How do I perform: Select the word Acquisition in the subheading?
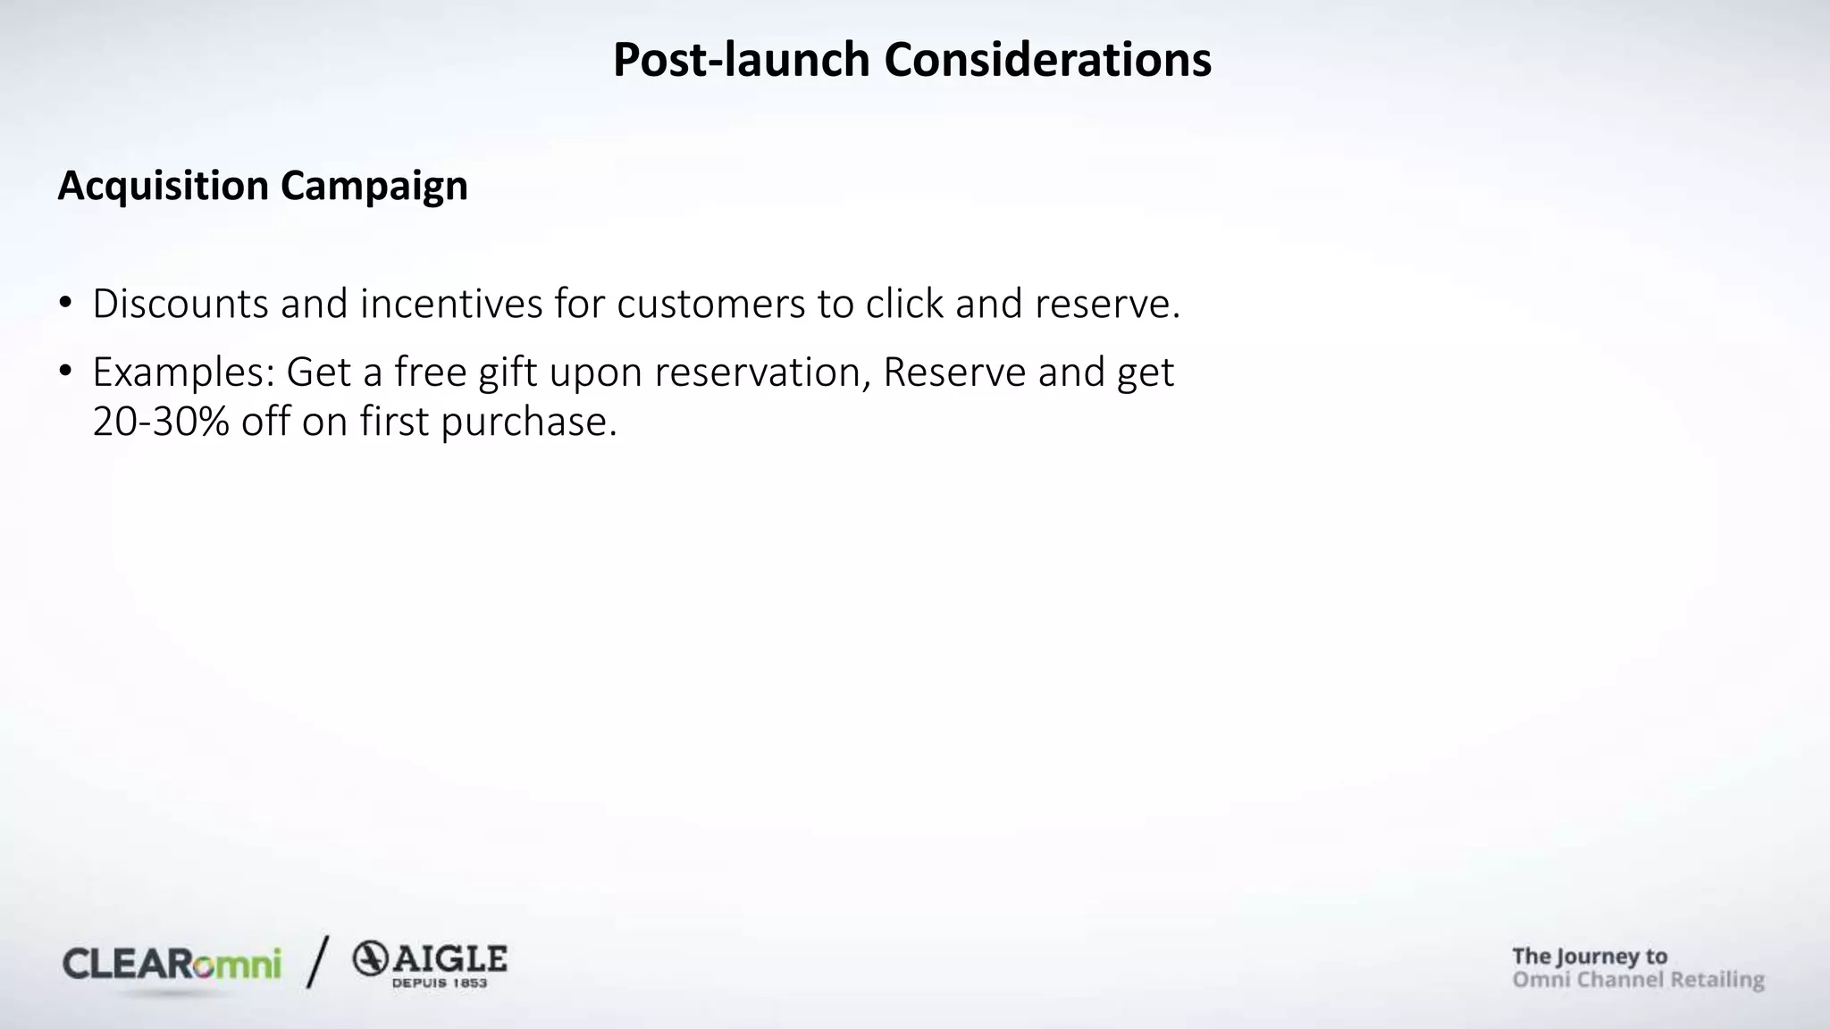163,186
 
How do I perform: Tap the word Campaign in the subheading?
374,186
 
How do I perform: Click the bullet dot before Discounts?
64,303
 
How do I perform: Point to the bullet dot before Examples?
64,371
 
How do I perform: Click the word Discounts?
180,304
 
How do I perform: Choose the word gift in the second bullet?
508,372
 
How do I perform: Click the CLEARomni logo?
172,965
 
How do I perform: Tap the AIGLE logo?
430,964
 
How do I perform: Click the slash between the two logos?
317,962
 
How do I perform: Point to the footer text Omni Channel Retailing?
1638,980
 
